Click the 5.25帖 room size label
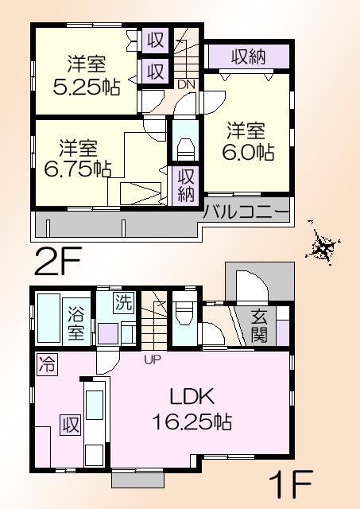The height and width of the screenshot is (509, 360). coord(88,87)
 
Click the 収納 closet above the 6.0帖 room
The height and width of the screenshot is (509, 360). coord(249,56)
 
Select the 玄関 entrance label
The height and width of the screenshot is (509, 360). coord(260,323)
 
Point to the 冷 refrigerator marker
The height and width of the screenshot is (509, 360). coord(46,367)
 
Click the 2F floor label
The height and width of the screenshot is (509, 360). coord(57,260)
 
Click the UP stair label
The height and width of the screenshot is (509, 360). coord(153,359)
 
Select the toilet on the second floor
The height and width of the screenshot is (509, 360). coord(184,149)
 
